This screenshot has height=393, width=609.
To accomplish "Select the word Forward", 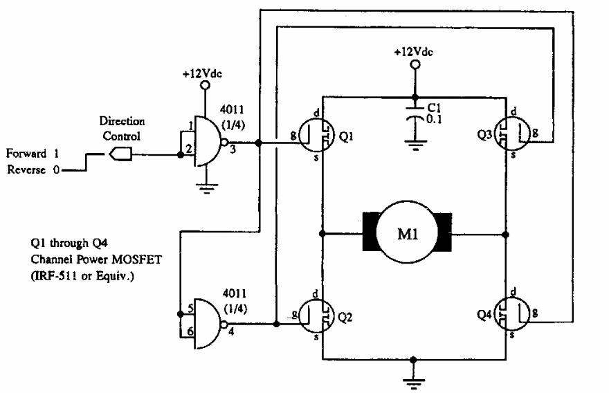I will tap(27, 153).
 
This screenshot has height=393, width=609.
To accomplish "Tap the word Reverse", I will tap(27, 170).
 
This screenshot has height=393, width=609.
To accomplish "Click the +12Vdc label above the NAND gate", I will tap(203, 74).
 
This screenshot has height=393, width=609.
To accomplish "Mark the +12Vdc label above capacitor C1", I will tap(414, 52).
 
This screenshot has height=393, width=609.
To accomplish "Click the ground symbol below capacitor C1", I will tap(414, 146).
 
